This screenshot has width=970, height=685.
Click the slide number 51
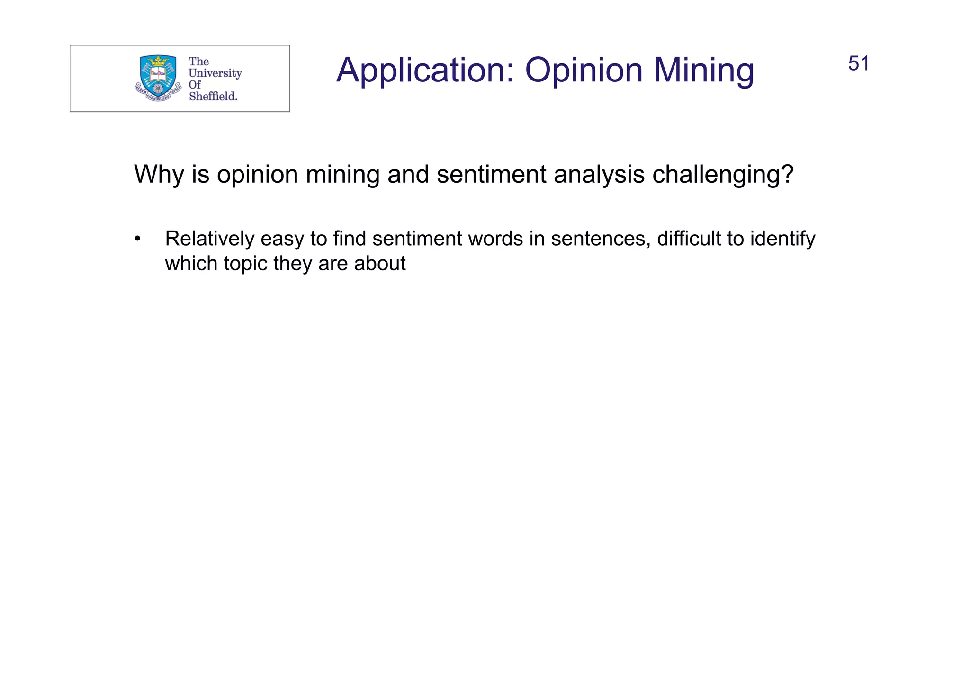point(858,64)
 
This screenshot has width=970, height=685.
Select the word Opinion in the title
point(584,71)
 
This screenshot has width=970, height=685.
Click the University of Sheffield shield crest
point(158,76)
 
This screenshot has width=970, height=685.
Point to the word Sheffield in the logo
point(213,97)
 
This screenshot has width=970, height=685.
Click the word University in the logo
point(215,73)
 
